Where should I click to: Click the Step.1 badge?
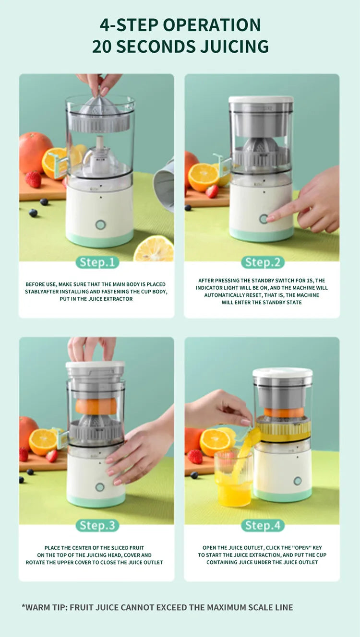tap(97, 262)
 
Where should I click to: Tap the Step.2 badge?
tap(263, 262)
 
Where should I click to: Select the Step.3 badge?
tap(97, 525)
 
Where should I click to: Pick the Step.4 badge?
tap(263, 525)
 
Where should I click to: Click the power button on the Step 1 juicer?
tap(100, 224)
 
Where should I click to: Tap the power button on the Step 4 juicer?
tap(298, 481)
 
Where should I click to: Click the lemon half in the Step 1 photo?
tap(154, 249)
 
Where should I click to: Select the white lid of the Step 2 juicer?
tap(261, 99)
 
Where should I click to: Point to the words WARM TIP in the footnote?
tap(46, 607)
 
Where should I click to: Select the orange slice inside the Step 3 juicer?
tap(96, 406)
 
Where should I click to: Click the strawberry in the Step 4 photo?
tap(195, 456)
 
